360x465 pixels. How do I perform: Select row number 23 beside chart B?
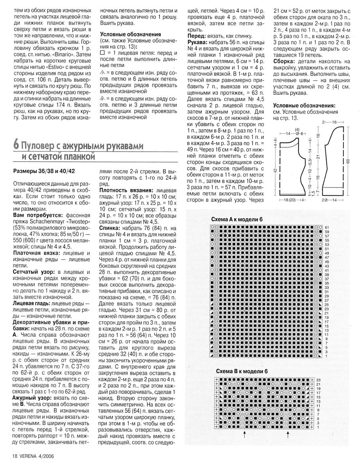pos(318,380)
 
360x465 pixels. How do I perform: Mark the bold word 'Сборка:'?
pos(285,62)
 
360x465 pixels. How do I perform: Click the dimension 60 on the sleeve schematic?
pos(348,161)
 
